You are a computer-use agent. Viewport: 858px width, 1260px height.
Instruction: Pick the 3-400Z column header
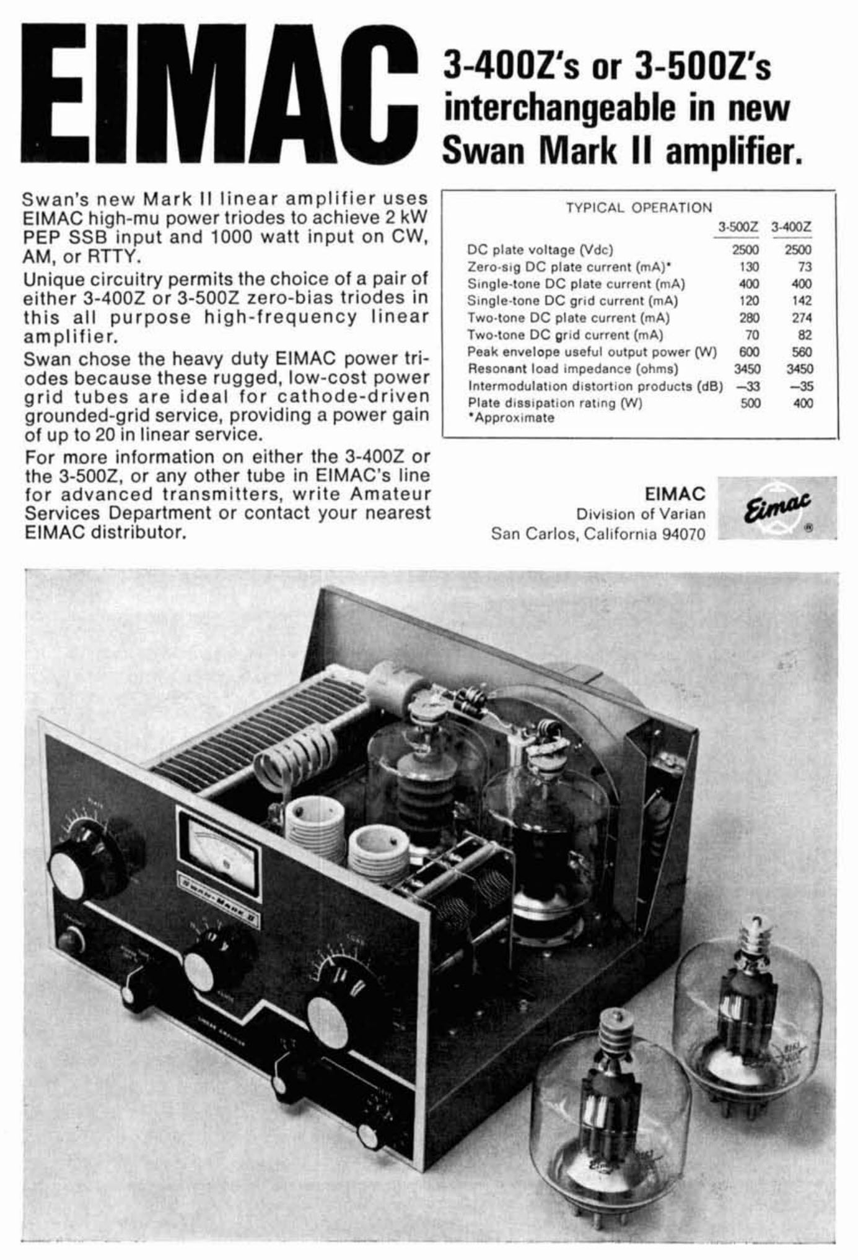791,227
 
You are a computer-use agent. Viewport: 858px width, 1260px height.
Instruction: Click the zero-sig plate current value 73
804,267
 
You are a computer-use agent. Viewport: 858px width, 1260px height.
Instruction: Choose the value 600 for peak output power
749,352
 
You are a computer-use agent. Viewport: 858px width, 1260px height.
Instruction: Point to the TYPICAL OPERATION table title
639,207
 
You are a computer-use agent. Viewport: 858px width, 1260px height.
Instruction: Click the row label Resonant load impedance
572,369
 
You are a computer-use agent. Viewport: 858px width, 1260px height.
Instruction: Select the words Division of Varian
641,514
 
